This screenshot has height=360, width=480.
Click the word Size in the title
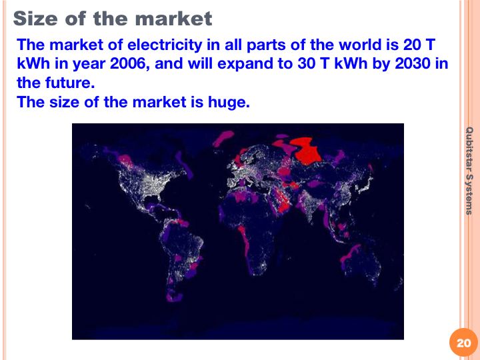click(35, 19)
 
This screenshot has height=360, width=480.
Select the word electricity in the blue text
click(165, 45)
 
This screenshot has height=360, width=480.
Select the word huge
click(229, 102)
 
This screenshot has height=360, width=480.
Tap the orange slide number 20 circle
click(463, 343)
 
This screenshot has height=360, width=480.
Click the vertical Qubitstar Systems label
click(469, 171)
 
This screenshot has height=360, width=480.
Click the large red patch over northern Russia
click(306, 151)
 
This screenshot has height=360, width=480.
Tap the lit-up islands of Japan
click(365, 184)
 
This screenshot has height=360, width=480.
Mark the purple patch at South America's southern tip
click(174, 297)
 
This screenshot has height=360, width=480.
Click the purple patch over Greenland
click(223, 138)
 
